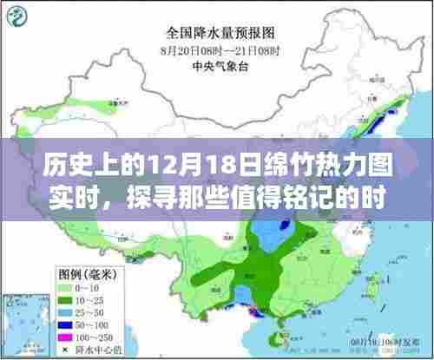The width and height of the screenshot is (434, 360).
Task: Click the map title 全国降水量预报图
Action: pos(216,36)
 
